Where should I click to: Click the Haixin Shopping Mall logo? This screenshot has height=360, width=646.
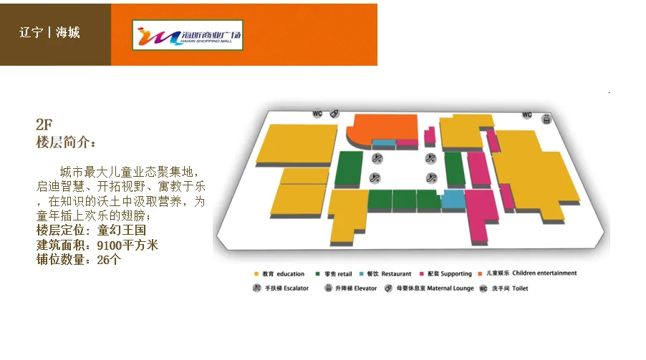(x=188, y=34)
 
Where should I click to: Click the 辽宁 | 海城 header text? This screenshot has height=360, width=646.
(x=49, y=33)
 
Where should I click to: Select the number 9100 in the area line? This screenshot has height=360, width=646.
(x=111, y=245)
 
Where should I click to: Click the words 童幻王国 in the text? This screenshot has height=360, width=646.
(x=122, y=230)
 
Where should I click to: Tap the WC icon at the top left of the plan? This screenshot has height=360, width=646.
(x=318, y=114)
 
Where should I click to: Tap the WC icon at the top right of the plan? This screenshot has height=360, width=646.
(x=527, y=115)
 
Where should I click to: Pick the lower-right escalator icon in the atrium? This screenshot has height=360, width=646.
(x=431, y=178)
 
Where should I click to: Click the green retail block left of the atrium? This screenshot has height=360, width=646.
(x=349, y=170)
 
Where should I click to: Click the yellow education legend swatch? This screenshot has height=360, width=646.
(x=256, y=274)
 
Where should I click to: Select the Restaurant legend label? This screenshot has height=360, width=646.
(x=396, y=274)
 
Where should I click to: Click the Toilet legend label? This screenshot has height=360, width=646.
(x=520, y=288)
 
